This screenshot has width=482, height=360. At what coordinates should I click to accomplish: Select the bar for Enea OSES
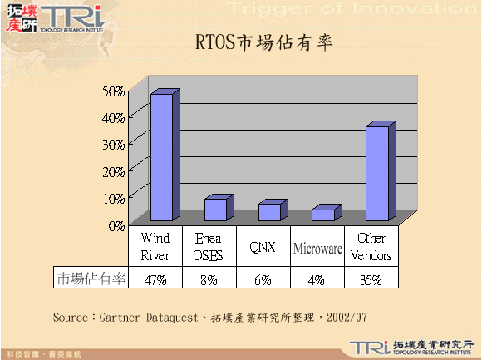tap(214, 210)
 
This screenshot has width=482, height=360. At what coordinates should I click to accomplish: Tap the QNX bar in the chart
tap(268, 212)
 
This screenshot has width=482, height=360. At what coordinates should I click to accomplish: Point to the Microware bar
tap(322, 215)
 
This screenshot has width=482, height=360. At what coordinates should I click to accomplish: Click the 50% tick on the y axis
tap(115, 90)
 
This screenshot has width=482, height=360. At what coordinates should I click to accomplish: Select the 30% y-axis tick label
tap(115, 143)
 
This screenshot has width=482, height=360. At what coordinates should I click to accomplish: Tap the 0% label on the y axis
tap(117, 224)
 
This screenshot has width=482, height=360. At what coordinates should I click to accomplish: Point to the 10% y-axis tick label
tap(115, 197)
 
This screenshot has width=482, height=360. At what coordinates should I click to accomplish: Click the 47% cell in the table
tap(155, 279)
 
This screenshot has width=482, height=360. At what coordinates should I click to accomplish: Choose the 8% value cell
tap(209, 279)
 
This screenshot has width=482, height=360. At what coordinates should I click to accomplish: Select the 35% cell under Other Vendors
tap(371, 279)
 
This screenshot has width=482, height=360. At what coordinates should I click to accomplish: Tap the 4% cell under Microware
tap(317, 279)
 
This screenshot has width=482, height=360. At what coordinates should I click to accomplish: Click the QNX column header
tap(263, 247)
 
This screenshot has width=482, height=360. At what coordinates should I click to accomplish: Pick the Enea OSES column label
tap(209, 247)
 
